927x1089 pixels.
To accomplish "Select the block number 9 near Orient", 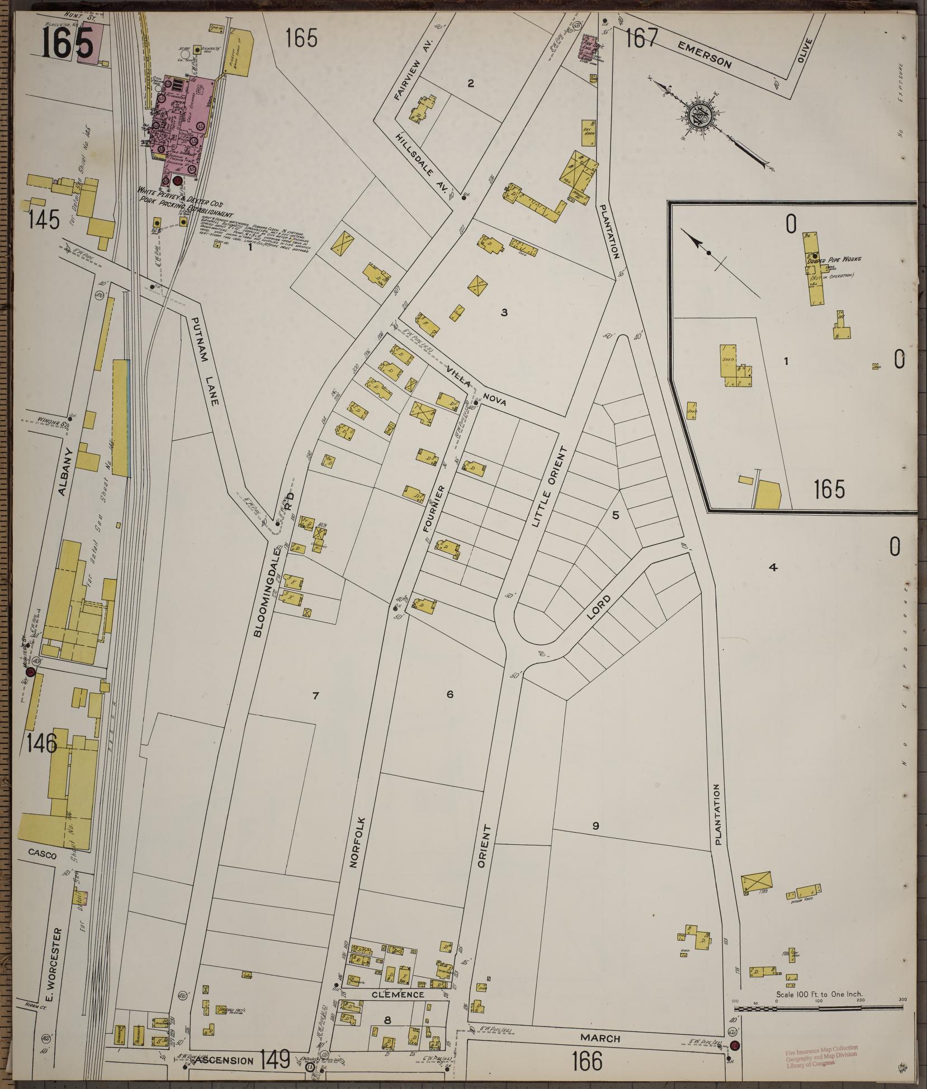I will [x=596, y=825].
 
